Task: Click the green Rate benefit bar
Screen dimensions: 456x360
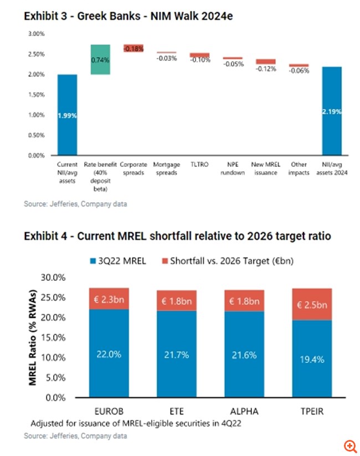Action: (x=101, y=59)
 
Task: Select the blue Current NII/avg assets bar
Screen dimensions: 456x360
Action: (x=68, y=115)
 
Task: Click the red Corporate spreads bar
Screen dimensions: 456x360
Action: (x=133, y=48)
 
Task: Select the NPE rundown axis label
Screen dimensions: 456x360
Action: (x=233, y=168)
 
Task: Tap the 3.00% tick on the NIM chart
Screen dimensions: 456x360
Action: (x=37, y=34)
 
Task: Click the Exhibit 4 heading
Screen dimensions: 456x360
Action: (x=177, y=236)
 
